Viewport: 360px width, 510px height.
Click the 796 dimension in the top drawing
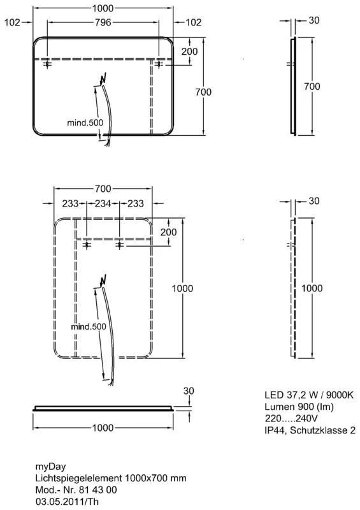103,22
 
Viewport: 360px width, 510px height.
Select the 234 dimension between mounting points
103,203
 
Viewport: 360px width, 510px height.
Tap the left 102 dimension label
12,22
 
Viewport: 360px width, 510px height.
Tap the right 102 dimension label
194,22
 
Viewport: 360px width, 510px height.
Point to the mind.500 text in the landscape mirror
85,122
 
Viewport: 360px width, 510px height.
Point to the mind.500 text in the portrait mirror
89,326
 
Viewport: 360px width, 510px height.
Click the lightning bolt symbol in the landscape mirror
103,79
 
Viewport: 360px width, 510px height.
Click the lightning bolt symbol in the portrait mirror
103,280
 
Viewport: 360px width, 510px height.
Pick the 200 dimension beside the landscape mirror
189,52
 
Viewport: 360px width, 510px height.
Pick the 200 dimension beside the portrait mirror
168,232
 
